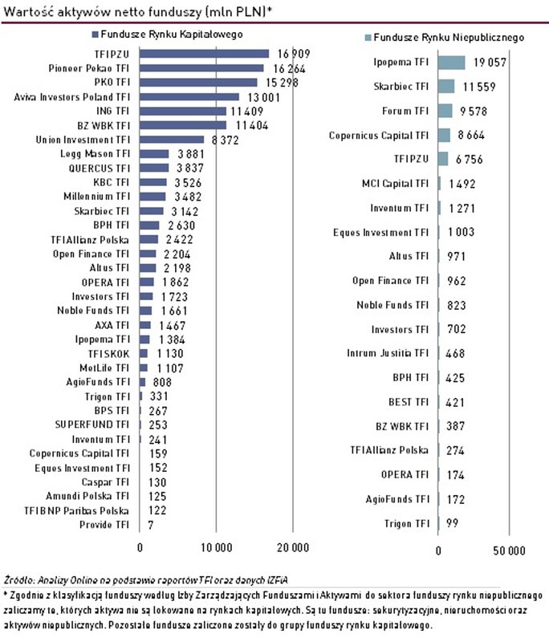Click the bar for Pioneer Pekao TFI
[201, 68]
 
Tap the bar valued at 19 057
[452, 61]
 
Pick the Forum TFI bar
[445, 111]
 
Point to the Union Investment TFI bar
[172, 139]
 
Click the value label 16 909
[293, 54]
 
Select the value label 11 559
[478, 86]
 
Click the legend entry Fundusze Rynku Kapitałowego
[168, 35]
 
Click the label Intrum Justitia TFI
[388, 352]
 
